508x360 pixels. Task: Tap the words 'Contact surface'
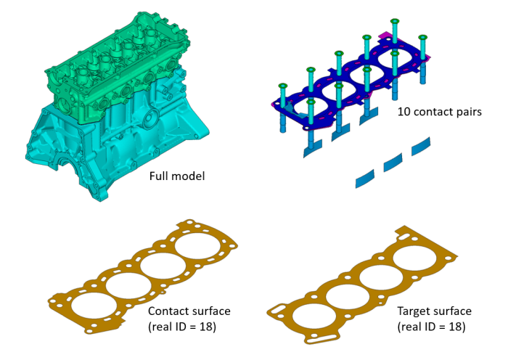tap(189, 311)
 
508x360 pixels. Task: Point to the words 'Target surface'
tap(434, 311)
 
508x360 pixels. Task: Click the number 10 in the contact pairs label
tap(403, 112)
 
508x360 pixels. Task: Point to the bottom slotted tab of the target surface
tap(316, 337)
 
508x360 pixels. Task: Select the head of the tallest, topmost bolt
tap(395, 22)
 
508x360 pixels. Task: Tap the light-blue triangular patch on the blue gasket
tap(289, 106)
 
